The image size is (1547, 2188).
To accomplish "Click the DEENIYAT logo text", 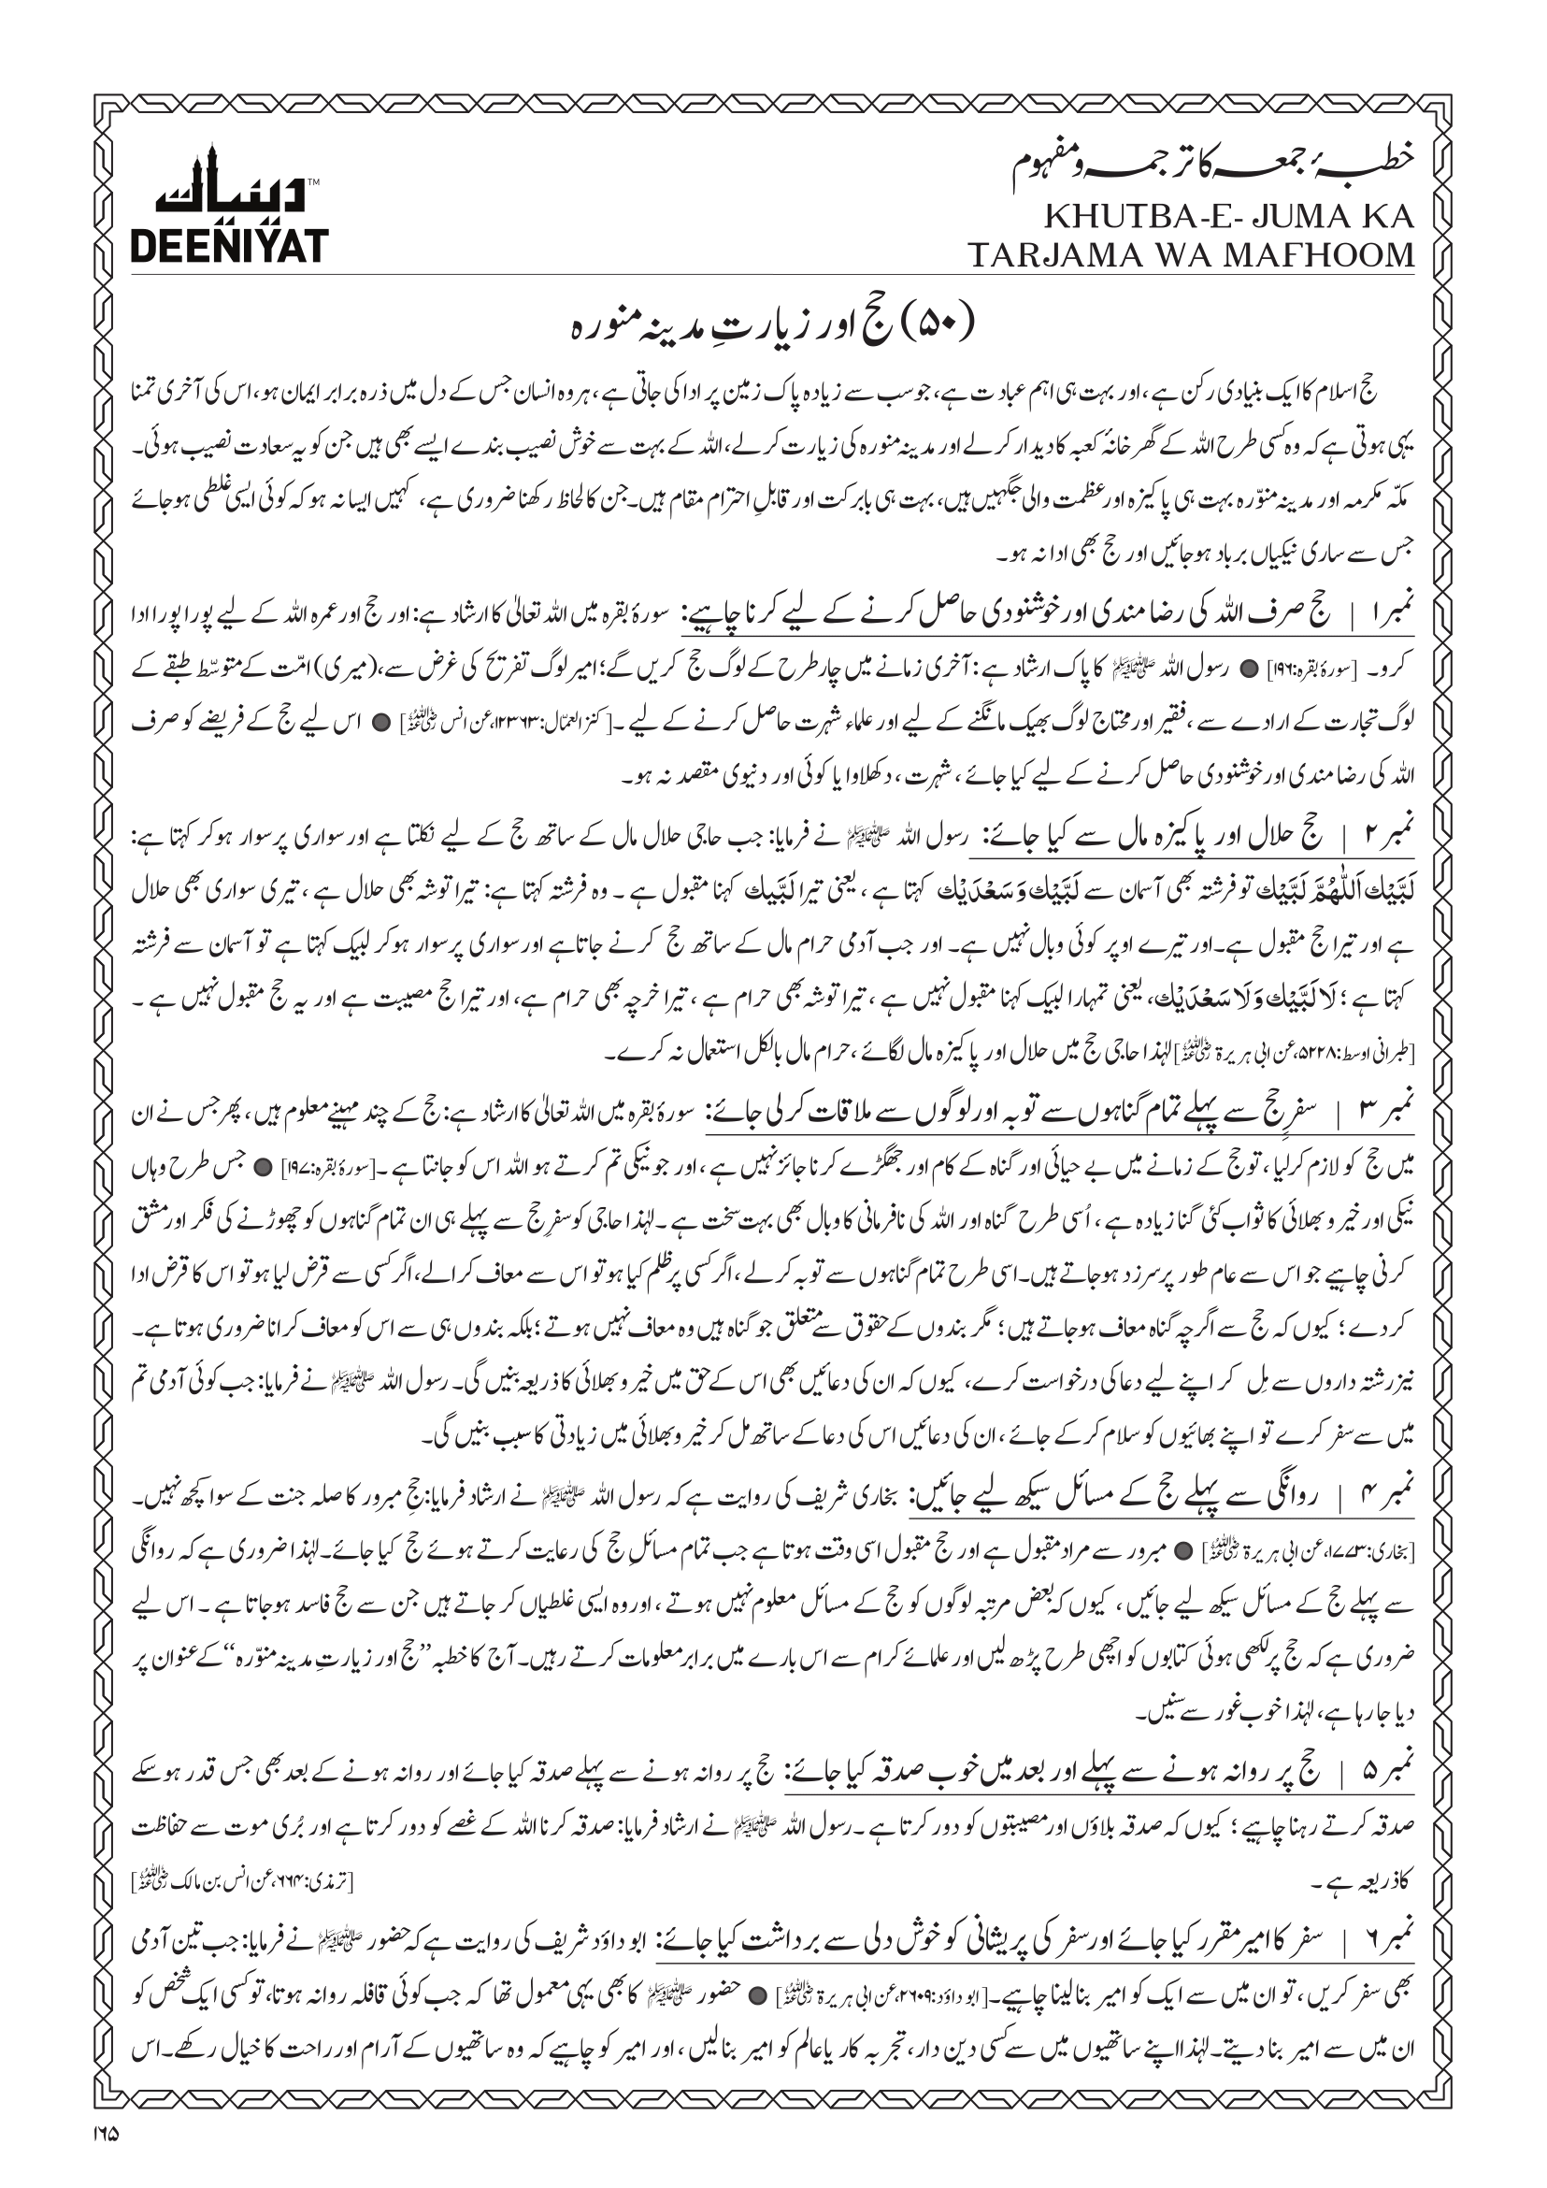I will point(229,246).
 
